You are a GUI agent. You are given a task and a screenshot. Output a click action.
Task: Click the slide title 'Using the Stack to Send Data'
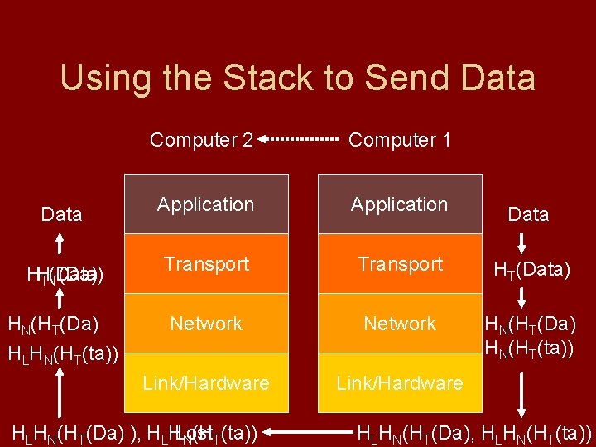point(298,79)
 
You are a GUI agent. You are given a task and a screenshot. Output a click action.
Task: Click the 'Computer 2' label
point(201,140)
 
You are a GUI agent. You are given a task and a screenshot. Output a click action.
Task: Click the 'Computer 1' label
point(400,140)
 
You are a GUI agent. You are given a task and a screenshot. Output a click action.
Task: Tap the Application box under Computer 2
point(206,204)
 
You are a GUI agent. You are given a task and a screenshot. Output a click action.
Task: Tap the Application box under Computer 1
point(399,204)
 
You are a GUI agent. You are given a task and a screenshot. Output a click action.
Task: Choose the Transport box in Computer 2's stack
point(206,264)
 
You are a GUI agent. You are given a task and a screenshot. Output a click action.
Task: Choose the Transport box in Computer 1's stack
point(399,264)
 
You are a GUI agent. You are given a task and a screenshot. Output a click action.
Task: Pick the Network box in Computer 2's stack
point(206,324)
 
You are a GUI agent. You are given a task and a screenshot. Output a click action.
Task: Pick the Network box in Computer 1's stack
point(399,324)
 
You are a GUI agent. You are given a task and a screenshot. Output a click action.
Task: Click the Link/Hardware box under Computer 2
point(206,383)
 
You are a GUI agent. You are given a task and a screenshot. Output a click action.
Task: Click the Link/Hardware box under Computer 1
point(399,383)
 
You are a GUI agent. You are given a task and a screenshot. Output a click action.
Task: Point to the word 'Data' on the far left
point(61,215)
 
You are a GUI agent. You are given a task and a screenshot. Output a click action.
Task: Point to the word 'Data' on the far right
point(528,215)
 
